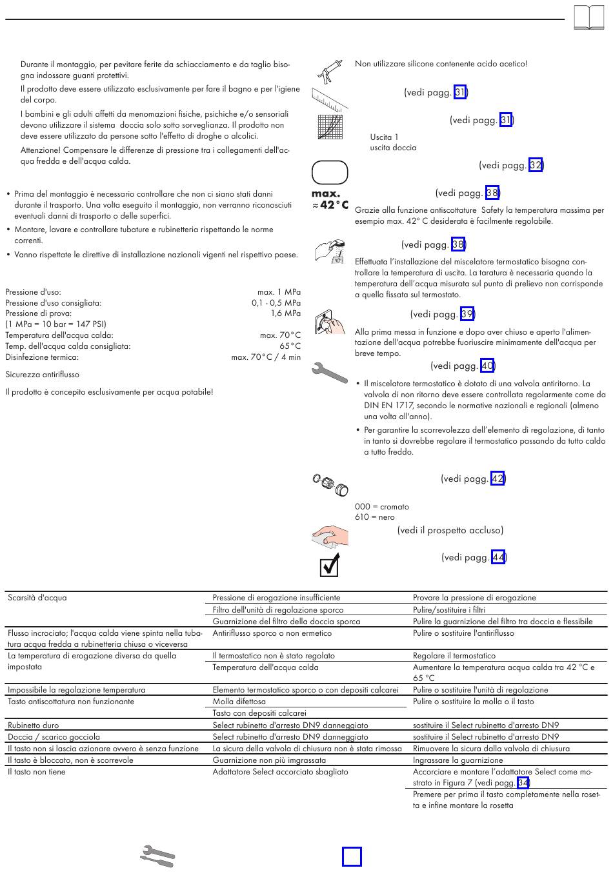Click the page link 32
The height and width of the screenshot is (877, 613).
536,165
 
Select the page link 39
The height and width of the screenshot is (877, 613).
467,314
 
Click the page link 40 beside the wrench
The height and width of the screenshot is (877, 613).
488,366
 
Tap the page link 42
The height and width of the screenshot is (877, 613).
497,478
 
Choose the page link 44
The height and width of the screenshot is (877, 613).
498,557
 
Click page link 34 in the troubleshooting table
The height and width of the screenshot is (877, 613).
523,783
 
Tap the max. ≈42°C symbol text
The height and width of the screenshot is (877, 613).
330,199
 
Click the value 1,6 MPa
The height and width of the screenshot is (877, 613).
285,313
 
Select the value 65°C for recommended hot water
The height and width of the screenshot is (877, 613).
290,346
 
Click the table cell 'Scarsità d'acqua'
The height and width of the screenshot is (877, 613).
37,598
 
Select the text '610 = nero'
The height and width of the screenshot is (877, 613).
375,517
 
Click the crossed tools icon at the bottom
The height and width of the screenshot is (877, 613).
157,856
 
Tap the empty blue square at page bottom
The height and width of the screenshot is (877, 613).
352,856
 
